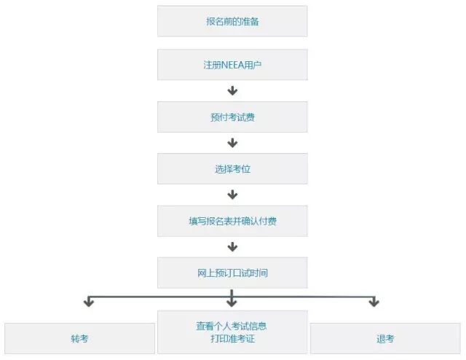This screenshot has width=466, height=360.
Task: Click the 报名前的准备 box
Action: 232,21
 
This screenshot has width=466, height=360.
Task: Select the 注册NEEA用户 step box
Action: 232,65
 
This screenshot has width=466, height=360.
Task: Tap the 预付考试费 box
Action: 232,117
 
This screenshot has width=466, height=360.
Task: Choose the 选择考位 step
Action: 232,168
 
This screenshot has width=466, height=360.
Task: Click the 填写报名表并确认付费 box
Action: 232,221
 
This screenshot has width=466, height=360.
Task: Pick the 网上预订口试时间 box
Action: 232,273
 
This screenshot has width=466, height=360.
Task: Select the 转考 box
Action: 79,339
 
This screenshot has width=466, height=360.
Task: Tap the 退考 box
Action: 385,339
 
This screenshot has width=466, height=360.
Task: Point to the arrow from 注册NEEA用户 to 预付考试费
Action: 232,90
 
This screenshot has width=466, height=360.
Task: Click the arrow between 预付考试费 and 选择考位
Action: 232,143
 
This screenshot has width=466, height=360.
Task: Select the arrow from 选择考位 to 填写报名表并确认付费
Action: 232,195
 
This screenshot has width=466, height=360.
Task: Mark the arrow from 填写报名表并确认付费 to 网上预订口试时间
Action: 232,247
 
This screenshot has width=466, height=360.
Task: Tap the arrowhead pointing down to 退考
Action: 374,301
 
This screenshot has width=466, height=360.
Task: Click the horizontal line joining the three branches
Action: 160,295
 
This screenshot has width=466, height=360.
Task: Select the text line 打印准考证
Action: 232,339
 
